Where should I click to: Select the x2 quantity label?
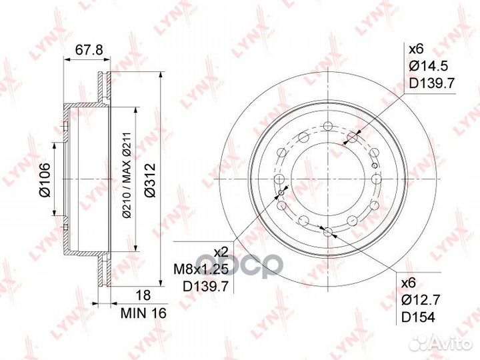(x=221, y=252)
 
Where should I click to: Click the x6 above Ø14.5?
(x=416, y=49)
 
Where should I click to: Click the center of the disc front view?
(x=327, y=180)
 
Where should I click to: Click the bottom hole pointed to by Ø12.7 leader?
(x=327, y=231)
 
